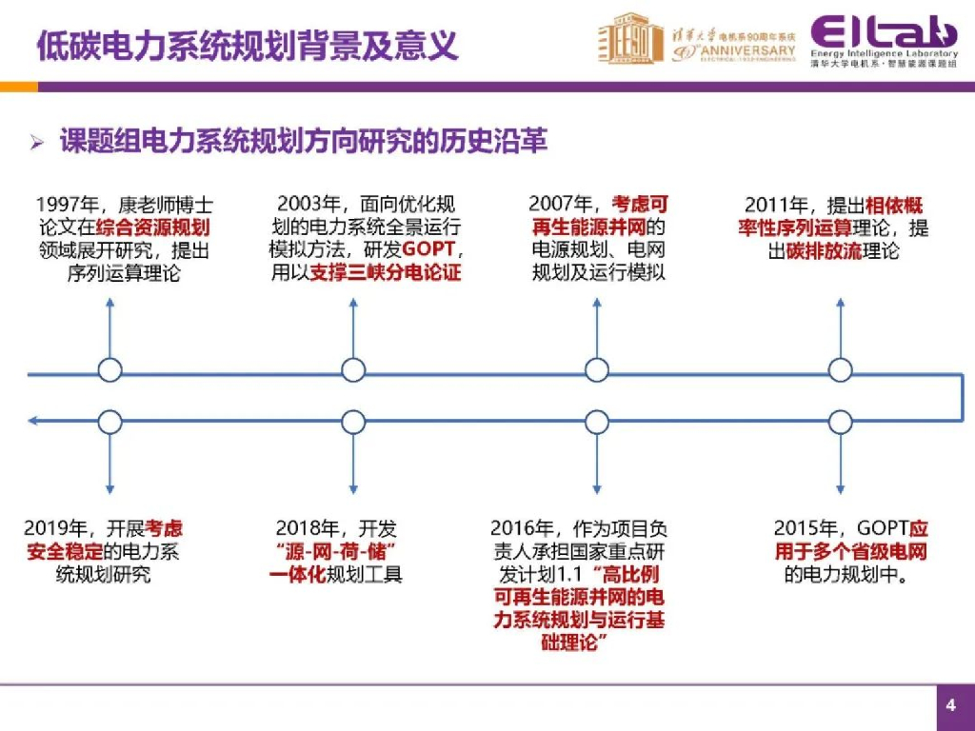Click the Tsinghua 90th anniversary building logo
[x=630, y=40]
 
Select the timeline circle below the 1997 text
[x=110, y=370]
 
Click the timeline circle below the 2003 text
[x=353, y=370]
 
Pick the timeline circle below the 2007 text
[x=597, y=370]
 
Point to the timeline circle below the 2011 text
[x=840, y=370]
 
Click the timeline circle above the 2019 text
[x=110, y=421]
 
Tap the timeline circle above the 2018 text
[x=353, y=421]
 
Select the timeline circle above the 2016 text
[x=597, y=421]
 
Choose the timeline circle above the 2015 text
[x=840, y=421]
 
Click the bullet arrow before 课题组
[x=37, y=143]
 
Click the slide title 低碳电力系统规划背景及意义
[x=246, y=45]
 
